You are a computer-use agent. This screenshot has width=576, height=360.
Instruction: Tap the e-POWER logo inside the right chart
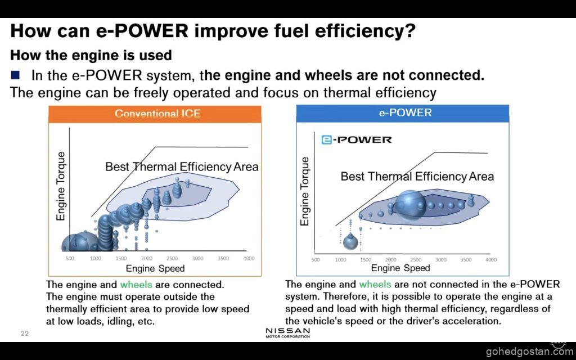tap(357, 139)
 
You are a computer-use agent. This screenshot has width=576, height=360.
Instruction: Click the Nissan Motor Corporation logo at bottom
tap(287, 332)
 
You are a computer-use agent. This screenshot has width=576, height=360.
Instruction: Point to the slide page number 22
tap(24, 333)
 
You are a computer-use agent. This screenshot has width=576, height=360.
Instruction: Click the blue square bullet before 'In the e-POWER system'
tap(15, 75)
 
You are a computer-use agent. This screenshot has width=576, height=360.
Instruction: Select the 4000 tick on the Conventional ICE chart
tap(248, 258)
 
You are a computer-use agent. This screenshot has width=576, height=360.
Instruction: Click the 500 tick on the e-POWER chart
tap(316, 260)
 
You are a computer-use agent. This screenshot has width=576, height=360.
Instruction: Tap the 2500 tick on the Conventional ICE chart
tap(172, 258)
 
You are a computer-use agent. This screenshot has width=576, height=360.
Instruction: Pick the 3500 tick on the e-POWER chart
tap(466, 260)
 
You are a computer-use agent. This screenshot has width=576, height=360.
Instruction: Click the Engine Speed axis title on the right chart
tap(400, 268)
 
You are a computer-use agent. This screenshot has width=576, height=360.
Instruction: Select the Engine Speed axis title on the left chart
tap(155, 268)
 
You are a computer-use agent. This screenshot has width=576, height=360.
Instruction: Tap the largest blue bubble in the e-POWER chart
tap(411, 203)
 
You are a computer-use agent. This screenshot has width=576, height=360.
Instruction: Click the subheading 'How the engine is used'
tap(91, 55)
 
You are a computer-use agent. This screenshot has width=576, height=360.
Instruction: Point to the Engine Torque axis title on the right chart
tap(305, 191)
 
